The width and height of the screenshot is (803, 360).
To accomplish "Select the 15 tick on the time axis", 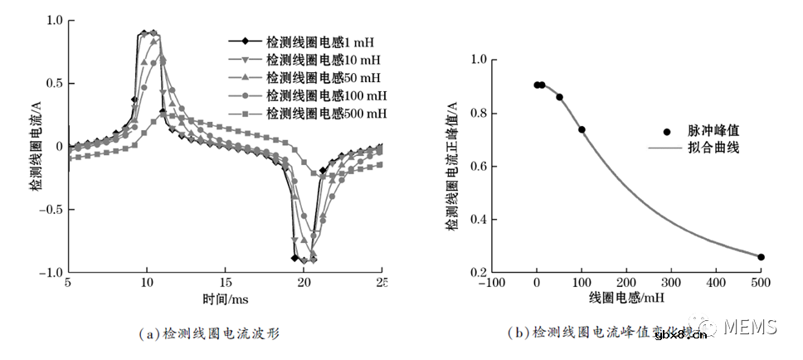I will coord(225,283).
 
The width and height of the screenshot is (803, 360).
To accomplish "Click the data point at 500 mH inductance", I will coord(761,257).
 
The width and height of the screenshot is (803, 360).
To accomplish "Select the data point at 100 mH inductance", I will coord(582,129).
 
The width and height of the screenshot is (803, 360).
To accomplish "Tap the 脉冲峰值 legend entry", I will coord(713,131).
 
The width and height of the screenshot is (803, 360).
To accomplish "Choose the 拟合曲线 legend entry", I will coord(713,148).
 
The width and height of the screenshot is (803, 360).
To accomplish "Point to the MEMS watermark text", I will coord(750,328).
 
